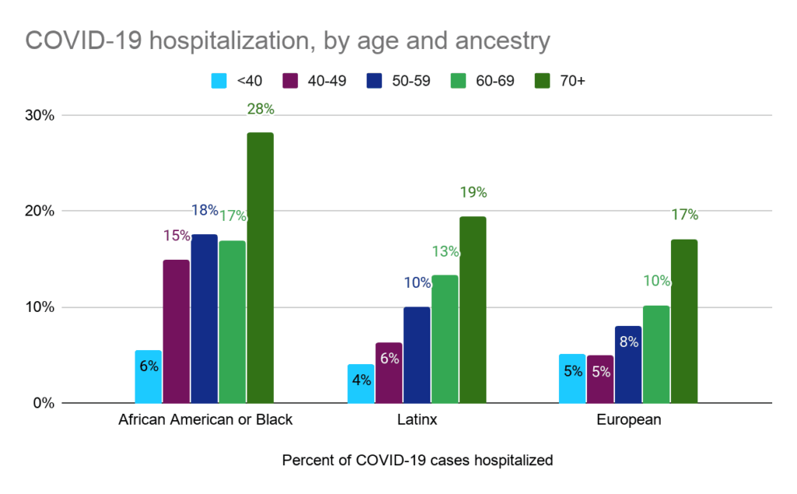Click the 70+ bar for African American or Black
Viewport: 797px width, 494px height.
[x=260, y=268]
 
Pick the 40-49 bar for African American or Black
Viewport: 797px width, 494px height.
[x=176, y=331]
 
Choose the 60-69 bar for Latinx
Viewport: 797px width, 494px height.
[x=444, y=339]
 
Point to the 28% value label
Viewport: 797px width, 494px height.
[x=261, y=110]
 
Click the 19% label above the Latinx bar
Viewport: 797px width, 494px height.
[x=473, y=192]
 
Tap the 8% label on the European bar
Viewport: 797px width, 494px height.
[x=628, y=340]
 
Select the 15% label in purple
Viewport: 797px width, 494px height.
[x=177, y=235]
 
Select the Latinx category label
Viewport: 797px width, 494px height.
[x=416, y=420]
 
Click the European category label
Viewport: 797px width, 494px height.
[x=630, y=420]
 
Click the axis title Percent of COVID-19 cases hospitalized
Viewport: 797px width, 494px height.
[x=417, y=461]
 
